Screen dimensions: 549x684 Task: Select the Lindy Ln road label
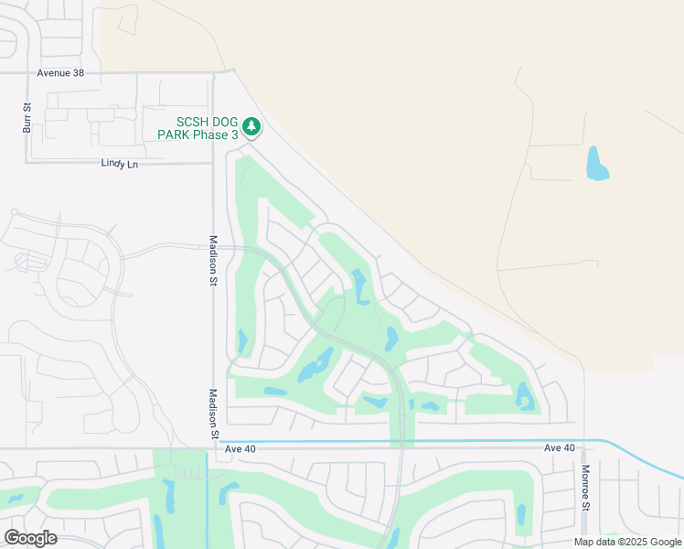pyautogui.click(x=119, y=164)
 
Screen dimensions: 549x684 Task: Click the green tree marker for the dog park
pyautogui.click(x=251, y=127)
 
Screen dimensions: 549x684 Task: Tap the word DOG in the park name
pyautogui.click(x=218, y=123)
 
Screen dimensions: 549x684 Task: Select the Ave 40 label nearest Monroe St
pyautogui.click(x=559, y=447)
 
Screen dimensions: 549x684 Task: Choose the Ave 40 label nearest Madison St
pyautogui.click(x=235, y=448)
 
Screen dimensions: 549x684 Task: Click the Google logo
pyautogui.click(x=30, y=537)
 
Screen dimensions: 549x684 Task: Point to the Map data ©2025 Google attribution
pyautogui.click(x=627, y=542)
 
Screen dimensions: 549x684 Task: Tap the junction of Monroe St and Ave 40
pyautogui.click(x=584, y=448)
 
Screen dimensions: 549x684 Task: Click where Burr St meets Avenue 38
pyautogui.click(x=27, y=72)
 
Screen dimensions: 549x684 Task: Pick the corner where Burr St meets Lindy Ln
pyautogui.click(x=27, y=163)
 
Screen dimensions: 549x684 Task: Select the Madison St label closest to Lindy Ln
pyautogui.click(x=213, y=261)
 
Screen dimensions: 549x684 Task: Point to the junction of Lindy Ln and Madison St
pyautogui.click(x=211, y=164)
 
